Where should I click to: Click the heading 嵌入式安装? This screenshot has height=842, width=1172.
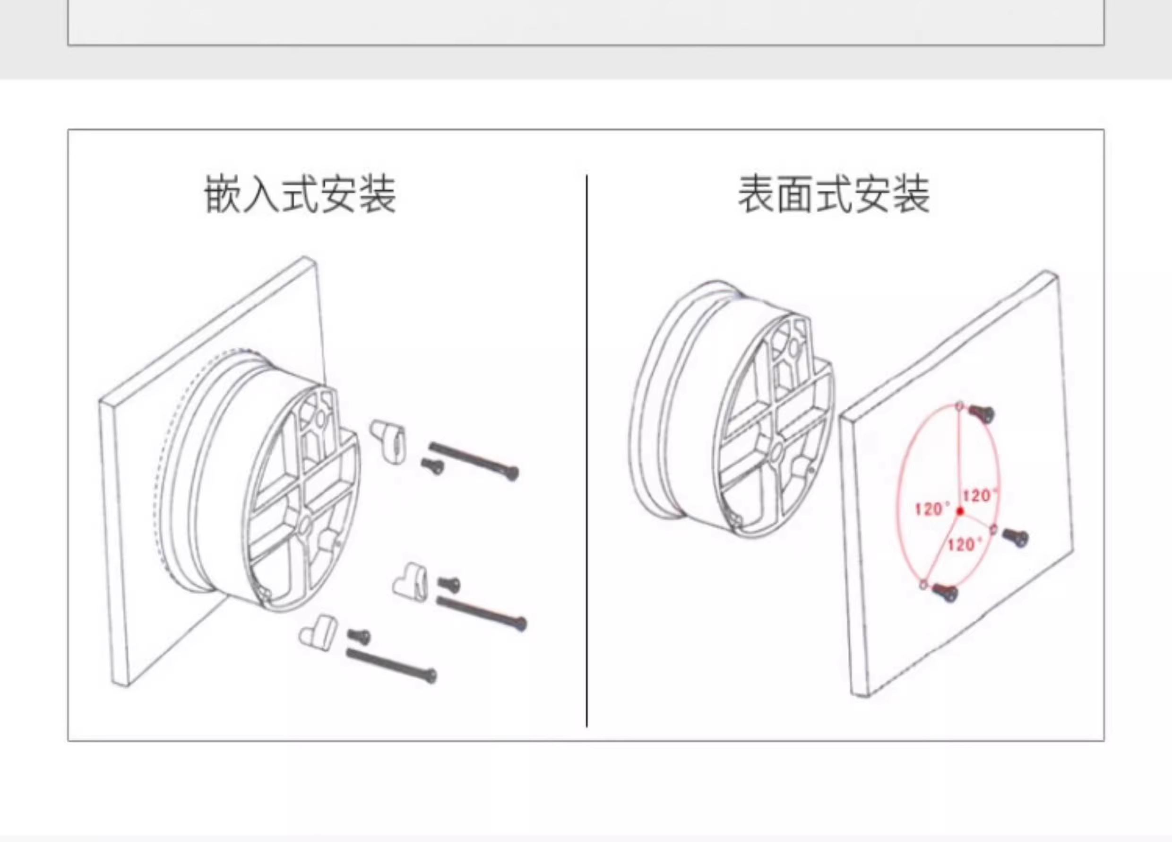pos(300,195)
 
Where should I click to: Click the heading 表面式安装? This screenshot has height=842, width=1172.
pos(834,195)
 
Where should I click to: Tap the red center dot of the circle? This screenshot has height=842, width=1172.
pos(960,511)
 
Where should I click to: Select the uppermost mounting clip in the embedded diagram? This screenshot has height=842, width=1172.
pos(389,441)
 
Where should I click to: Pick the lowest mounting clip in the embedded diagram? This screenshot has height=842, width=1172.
pos(317,631)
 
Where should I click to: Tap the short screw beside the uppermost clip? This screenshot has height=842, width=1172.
pos(433,465)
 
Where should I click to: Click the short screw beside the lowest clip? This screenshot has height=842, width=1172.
pos(359,636)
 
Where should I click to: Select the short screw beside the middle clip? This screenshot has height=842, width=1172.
pos(449,585)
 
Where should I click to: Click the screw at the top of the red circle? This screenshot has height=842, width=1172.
pos(982,414)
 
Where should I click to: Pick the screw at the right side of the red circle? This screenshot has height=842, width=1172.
pos(1016,538)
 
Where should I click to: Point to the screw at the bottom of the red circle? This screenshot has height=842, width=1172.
pos(945,592)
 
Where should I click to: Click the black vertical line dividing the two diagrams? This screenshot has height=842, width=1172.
pos(586,450)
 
